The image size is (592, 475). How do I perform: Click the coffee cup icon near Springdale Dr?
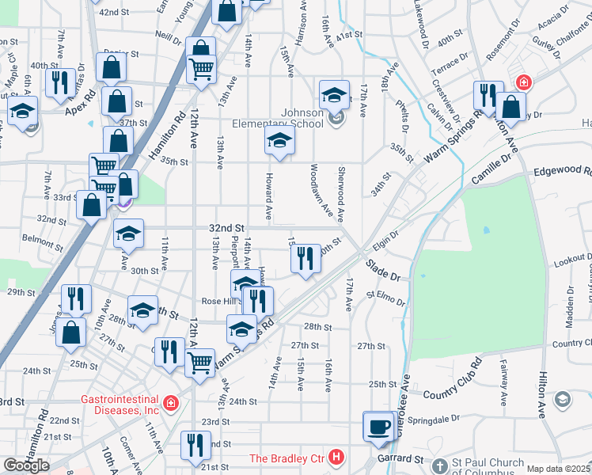pyautogui.click(x=378, y=427)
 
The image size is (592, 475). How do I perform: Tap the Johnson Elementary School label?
pyautogui.click(x=277, y=118)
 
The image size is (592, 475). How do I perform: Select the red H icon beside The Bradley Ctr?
pyautogui.click(x=337, y=458)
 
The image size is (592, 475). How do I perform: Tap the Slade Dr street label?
pyautogui.click(x=384, y=275)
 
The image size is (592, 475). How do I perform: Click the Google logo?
pyautogui.click(x=26, y=465)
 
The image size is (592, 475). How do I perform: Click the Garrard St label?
pyautogui.click(x=400, y=458)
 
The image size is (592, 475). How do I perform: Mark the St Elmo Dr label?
pyautogui.click(x=385, y=298)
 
